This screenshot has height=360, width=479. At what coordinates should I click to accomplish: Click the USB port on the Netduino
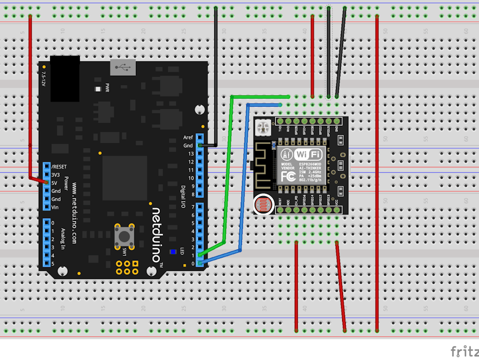tap(123, 67)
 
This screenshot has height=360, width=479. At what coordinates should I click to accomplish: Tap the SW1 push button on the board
tap(124, 235)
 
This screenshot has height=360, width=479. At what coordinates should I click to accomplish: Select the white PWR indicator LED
tap(98, 89)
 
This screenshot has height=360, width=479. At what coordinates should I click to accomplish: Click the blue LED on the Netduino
tap(173, 252)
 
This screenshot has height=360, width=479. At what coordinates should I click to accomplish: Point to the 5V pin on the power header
tap(46, 182)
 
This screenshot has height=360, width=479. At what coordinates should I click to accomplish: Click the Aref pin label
tap(188, 138)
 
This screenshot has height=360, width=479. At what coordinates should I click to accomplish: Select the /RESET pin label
tap(59, 166)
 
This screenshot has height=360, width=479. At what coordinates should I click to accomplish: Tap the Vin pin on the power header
tap(46, 207)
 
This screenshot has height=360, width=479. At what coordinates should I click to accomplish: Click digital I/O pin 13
tap(200, 154)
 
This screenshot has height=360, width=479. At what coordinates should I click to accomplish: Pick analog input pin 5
tap(46, 264)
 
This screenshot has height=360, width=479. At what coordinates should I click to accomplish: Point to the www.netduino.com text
tap(74, 213)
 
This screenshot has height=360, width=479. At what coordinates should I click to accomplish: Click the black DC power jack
tap(65, 78)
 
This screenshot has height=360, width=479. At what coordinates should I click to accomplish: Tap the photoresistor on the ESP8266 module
tap(263, 204)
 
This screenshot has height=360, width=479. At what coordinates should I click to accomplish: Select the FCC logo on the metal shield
tap(288, 175)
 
